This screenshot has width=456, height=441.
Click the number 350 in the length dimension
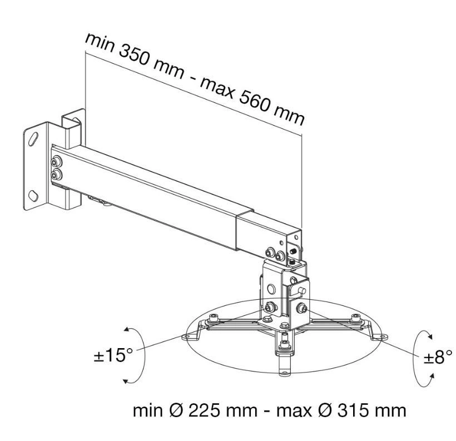tap(134, 57)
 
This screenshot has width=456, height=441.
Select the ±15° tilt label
tap(113, 355)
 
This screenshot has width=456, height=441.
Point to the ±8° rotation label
tap(438, 356)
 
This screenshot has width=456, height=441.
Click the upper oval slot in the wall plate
tap(33, 138)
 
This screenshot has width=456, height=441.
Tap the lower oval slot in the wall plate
tap(33, 196)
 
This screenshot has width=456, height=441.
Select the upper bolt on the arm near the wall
tap(56, 161)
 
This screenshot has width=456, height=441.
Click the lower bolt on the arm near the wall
tap(56, 175)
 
